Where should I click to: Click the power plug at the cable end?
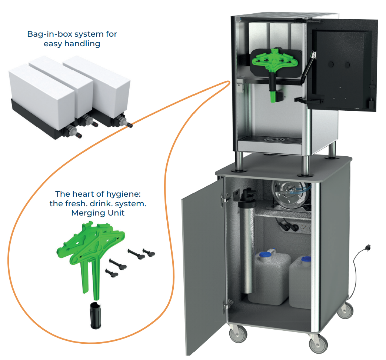(x=368, y=247)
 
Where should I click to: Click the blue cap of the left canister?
(x=264, y=254)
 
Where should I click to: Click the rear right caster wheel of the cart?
(x=347, y=309)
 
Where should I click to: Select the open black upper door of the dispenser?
(x=343, y=67)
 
